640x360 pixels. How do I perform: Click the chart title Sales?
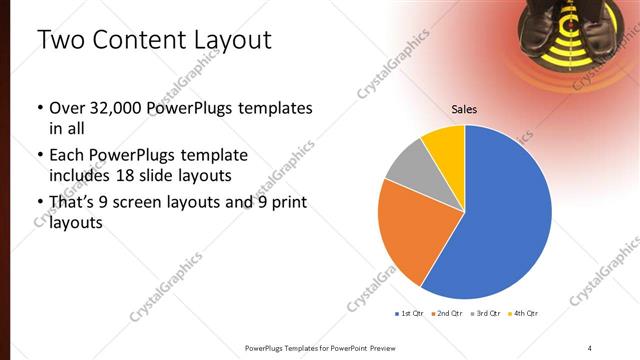click(463, 110)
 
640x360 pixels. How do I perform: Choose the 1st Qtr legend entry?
click(409, 314)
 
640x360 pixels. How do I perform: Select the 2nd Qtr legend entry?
click(445, 314)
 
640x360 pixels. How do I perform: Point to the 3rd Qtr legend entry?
click(486, 314)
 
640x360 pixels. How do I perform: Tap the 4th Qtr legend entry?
click(524, 314)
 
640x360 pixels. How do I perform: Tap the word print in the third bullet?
click(284, 204)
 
